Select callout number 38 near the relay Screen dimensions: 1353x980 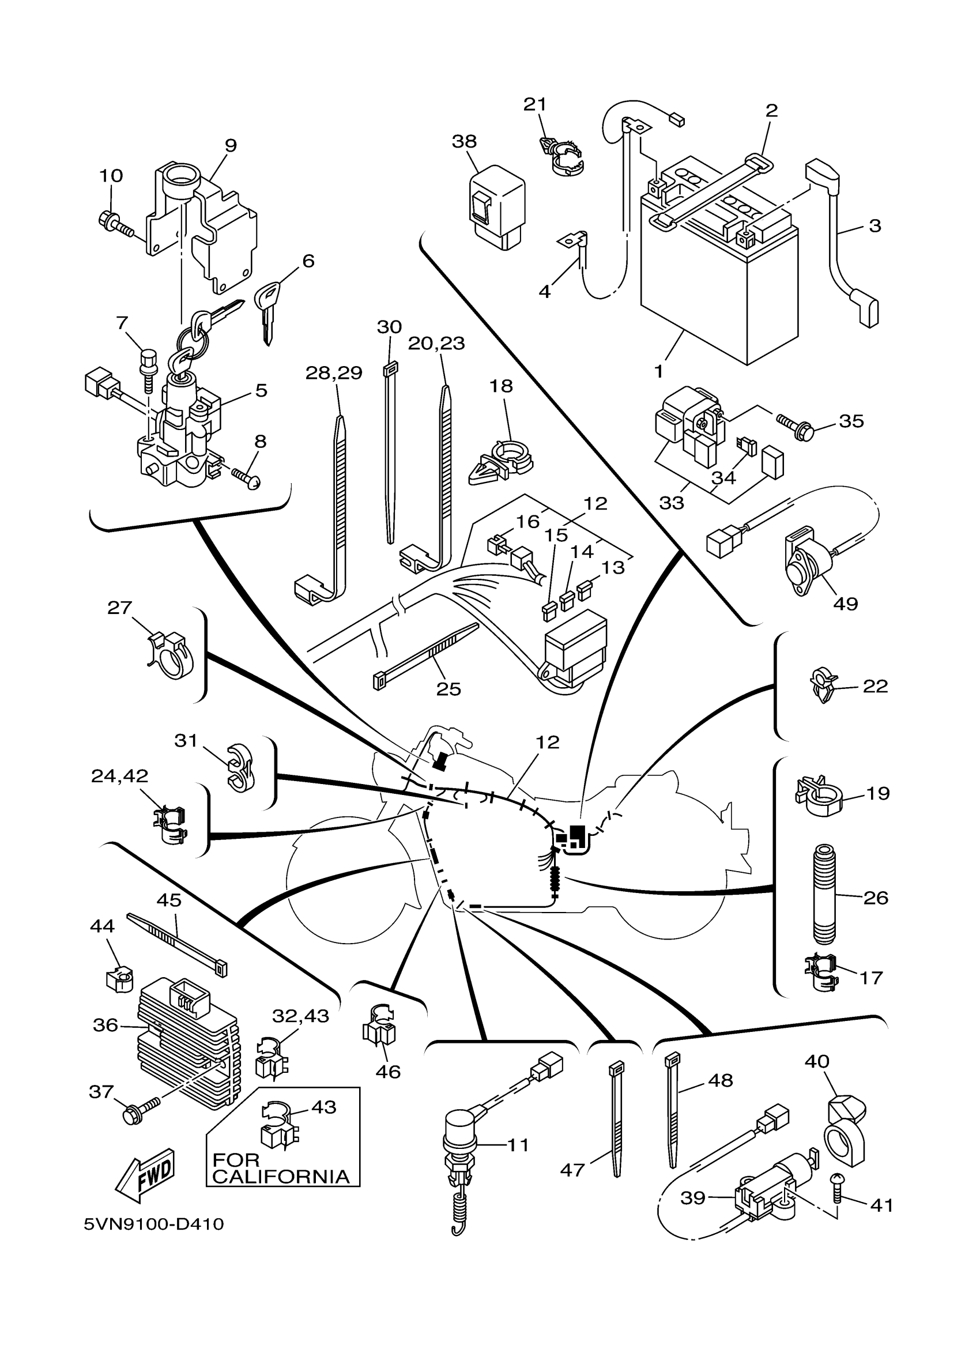click(x=464, y=141)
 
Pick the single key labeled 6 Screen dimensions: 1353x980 click(x=267, y=314)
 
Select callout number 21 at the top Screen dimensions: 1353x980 click(x=534, y=104)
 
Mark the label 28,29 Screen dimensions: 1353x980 click(x=334, y=373)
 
